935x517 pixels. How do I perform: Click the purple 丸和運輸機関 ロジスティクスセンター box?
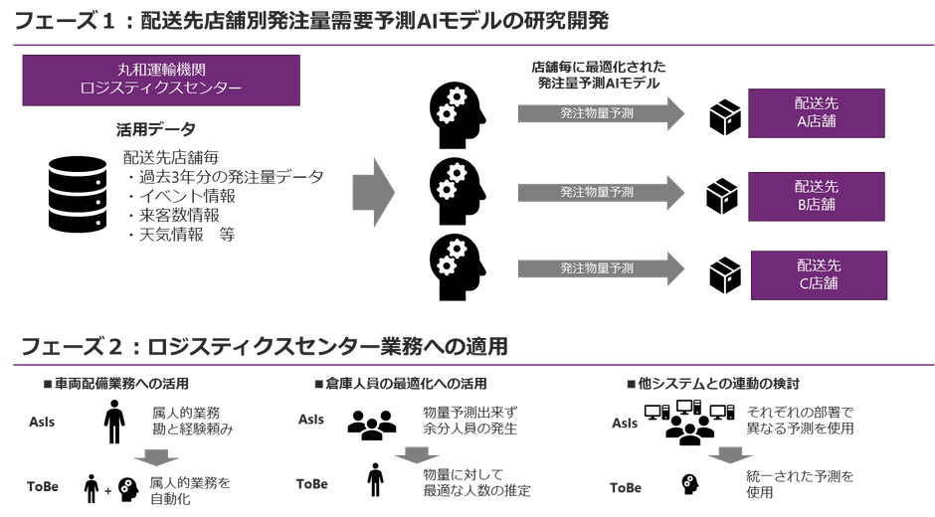160,80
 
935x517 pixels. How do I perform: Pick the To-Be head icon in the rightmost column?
686,484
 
